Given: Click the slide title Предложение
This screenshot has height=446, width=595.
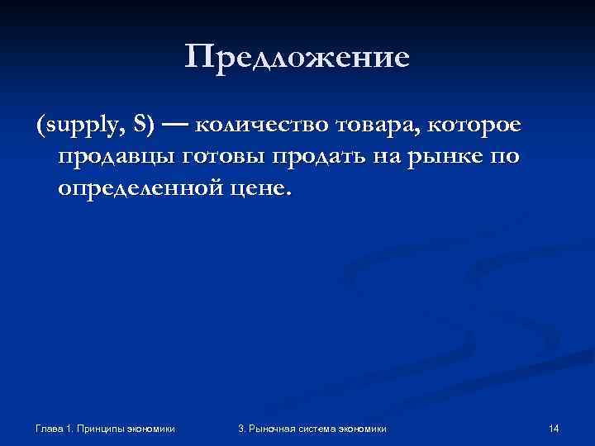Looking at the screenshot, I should click(297, 57).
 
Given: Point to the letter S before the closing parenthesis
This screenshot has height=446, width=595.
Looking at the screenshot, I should click(143, 126).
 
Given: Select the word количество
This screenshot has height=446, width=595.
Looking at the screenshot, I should click(264, 126).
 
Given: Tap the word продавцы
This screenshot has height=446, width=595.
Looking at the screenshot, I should click(111, 159).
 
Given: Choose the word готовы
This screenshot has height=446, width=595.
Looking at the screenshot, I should click(217, 159).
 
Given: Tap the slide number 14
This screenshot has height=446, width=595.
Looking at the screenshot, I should click(554, 428).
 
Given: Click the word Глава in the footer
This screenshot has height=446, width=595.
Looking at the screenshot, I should click(52, 428).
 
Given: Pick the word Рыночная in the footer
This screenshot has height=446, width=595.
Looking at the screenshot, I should click(273, 428).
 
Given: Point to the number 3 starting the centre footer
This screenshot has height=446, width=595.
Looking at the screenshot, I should click(240, 428).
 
